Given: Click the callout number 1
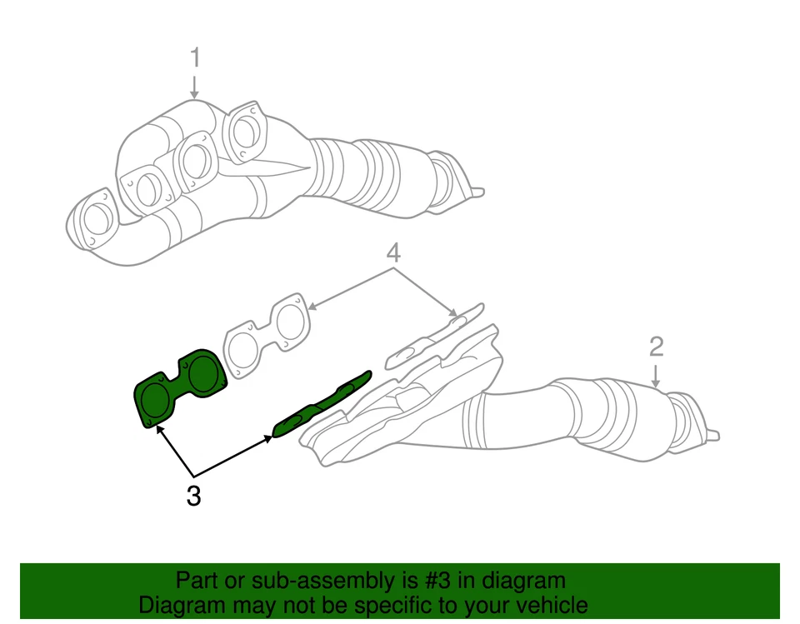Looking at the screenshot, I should click(195, 58).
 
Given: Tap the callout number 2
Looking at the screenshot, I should click(656, 345).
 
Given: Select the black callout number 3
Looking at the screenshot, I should click(193, 497).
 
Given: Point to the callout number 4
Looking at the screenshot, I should click(393, 252).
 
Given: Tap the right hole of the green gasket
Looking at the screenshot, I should click(203, 373).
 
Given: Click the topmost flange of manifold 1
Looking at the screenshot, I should click(245, 130).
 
